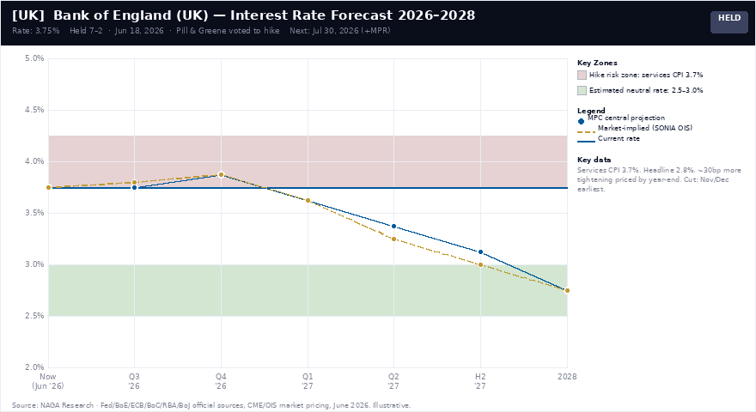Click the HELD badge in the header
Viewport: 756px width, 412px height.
(729, 21)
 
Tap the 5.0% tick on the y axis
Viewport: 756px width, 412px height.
(34, 58)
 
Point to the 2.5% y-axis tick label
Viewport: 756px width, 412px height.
(34, 316)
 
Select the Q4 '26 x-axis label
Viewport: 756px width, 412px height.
(221, 381)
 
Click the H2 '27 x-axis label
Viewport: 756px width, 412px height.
(480, 381)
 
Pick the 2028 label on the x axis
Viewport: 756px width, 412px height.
(567, 376)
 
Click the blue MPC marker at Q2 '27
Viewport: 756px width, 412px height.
(394, 226)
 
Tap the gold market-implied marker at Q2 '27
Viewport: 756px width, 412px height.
(394, 239)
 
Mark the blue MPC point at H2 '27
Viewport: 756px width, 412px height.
(481, 252)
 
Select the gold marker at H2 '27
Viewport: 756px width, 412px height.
(481, 264)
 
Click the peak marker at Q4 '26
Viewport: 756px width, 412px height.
(221, 174)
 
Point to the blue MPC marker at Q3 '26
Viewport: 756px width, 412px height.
(135, 187)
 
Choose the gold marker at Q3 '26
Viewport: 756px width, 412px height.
(135, 182)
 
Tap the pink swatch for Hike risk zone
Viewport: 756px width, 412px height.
(582, 76)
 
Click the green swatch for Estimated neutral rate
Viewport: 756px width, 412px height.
(582, 91)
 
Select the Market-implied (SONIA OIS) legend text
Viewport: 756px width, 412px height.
(645, 128)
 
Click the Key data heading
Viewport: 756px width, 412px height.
(594, 160)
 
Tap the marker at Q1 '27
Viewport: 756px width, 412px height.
(308, 201)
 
